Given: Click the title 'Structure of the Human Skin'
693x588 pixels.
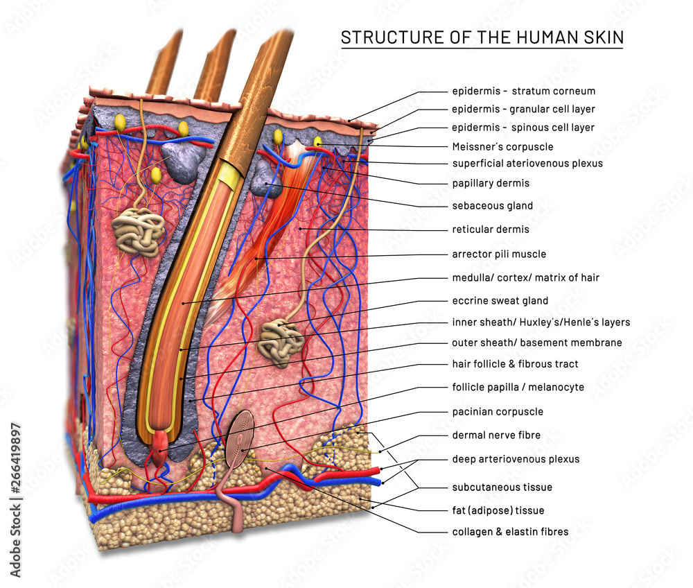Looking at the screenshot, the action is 482,37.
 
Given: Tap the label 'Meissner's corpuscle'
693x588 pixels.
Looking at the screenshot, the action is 502,147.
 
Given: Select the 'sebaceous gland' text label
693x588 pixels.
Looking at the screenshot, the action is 492,206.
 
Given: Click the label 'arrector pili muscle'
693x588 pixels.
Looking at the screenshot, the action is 499,254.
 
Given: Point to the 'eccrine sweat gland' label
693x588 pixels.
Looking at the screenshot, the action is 500,301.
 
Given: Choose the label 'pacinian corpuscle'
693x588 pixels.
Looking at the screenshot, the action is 498,412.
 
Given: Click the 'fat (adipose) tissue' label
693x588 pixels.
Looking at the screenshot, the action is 498,510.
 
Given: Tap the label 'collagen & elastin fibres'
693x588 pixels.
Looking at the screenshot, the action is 510,532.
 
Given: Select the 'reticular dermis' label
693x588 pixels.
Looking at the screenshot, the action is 491,230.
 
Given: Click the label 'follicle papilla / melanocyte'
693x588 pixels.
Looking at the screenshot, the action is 518,388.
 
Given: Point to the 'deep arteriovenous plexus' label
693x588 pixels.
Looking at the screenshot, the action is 516,459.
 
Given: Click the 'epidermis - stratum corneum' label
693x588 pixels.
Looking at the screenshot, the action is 524,92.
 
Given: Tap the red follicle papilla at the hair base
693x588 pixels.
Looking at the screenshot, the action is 161,447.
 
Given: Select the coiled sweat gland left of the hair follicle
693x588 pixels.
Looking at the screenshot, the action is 139,230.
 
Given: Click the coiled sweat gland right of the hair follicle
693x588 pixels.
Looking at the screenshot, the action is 280,343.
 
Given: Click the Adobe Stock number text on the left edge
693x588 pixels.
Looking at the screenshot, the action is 15,499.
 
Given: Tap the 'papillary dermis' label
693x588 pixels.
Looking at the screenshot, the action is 491,184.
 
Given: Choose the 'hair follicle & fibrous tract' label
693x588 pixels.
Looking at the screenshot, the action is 515,364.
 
